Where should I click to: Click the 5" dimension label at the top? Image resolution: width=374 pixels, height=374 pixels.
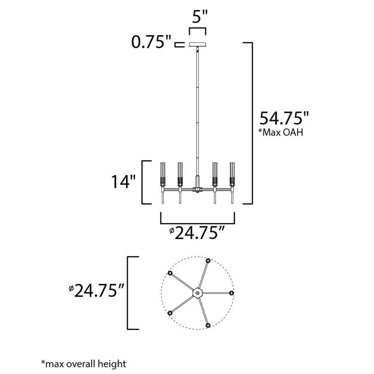pos(200,17)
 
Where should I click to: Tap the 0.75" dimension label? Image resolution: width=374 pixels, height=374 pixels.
pos(151,42)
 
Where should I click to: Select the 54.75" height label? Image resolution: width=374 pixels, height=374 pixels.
pos(284,118)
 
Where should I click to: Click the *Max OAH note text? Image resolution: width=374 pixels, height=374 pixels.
pos(281,132)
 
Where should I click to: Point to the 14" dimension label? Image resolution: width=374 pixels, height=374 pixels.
pos(123,181)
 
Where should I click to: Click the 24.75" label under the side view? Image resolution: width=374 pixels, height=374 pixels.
pos(197,233)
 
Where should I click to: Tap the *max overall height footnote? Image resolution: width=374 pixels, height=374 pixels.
pos(83,364)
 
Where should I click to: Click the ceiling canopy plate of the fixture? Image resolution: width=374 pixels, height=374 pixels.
pos(197,45)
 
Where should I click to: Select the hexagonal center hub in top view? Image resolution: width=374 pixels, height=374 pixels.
pos(197,293)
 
